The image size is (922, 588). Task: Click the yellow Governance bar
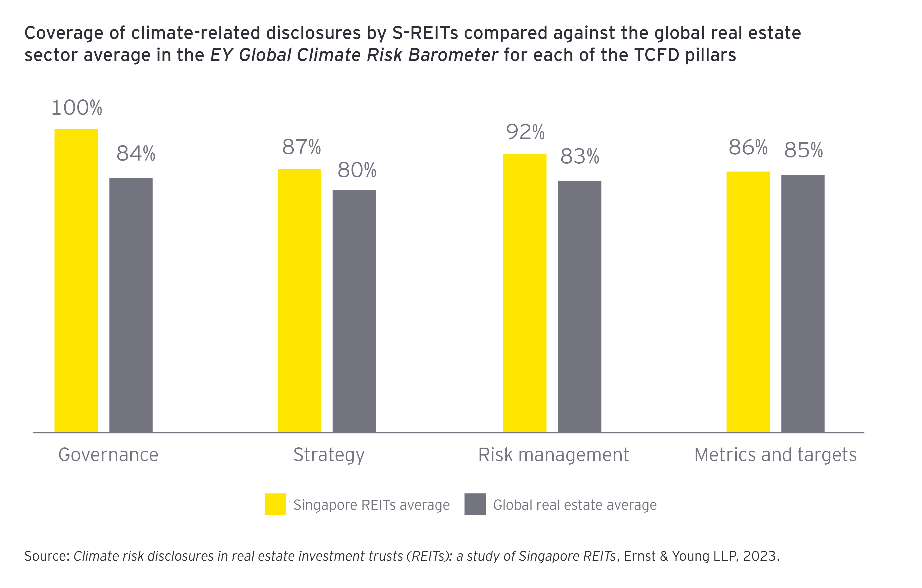tap(76, 281)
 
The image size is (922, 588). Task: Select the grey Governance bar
tap(131, 305)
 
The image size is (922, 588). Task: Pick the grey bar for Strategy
tap(354, 311)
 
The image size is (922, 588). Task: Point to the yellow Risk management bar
tap(525, 293)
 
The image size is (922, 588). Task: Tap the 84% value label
tap(136, 154)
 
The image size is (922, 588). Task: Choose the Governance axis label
tap(108, 455)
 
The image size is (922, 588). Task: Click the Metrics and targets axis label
tap(775, 455)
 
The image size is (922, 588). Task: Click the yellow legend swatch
tap(275, 504)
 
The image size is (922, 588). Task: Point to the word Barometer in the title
tap(453, 55)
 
